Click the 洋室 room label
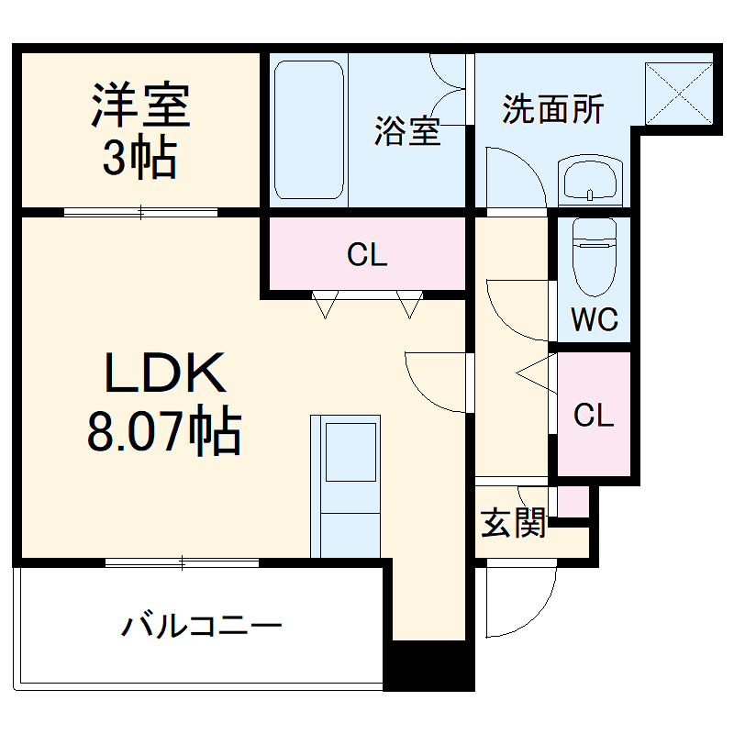coord(139,106)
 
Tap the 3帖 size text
coord(139,159)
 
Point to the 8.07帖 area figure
coord(165,432)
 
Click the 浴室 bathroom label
coord(406,132)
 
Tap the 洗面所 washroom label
coord(552,110)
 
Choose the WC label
coord(594,320)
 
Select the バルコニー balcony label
coord(203,628)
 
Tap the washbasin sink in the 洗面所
coord(590,181)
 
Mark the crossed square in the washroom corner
coord(679,93)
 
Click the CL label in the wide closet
coord(367,255)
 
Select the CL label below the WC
coord(593,416)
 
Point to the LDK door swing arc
coord(436,381)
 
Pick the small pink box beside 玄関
coord(573,501)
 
